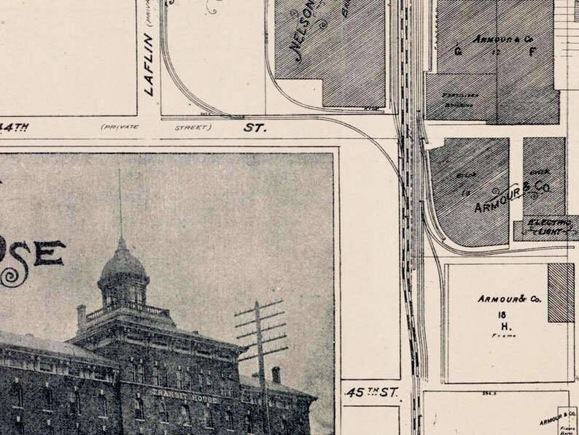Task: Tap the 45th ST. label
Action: [373, 393]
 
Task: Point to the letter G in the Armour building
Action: [458, 51]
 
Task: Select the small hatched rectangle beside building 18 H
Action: [560, 293]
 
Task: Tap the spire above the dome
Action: [120, 204]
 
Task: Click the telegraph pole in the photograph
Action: [260, 350]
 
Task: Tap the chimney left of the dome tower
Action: [82, 315]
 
